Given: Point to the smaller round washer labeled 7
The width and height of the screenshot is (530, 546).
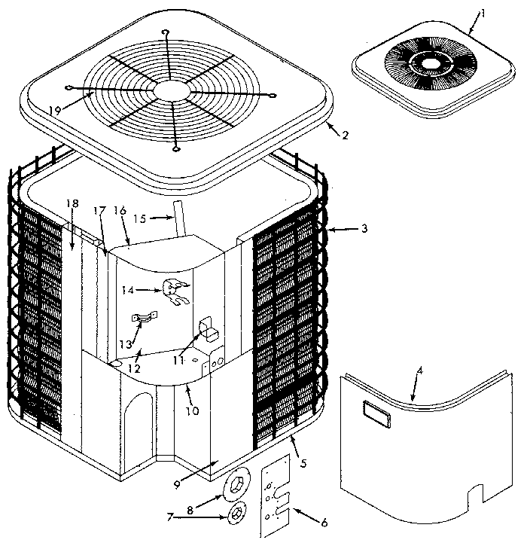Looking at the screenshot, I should point(236,516).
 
